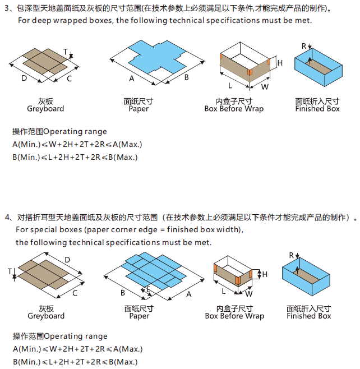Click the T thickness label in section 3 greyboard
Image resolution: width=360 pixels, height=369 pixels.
click(66, 52)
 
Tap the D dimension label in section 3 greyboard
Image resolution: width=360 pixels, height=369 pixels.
click(24, 78)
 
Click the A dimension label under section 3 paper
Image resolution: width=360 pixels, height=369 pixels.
click(132, 79)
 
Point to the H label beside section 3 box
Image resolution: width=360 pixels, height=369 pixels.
click(280, 63)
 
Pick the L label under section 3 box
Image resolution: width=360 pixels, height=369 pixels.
click(230, 86)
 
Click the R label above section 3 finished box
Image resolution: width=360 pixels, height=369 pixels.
click(304, 45)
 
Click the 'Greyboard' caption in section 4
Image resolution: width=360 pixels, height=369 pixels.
click(46, 316)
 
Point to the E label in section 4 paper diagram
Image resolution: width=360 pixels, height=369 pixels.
click(148, 289)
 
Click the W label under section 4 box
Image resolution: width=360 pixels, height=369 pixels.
click(249, 293)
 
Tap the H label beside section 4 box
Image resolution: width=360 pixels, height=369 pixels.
click(265, 274)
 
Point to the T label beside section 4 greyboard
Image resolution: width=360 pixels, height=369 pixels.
click(10, 271)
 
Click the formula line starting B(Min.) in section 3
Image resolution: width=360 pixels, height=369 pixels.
click(75, 156)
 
